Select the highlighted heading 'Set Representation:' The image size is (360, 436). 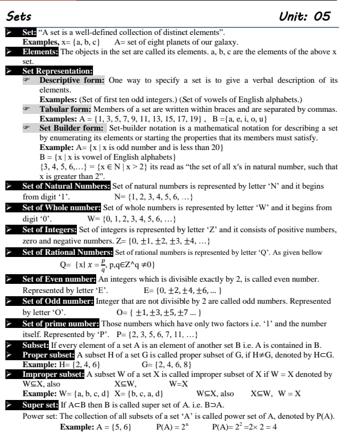(x=57, y=70)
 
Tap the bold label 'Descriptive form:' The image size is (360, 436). (x=72, y=80)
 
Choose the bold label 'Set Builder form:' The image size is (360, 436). (x=72, y=128)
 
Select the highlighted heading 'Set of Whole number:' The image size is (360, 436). (x=61, y=207)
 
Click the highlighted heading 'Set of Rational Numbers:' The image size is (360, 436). (x=67, y=252)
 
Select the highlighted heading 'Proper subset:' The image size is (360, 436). (x=48, y=355)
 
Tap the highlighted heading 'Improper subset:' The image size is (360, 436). (x=54, y=374)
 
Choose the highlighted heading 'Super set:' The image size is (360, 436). (x=40, y=404)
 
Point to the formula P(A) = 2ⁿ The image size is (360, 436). (x=170, y=427)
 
